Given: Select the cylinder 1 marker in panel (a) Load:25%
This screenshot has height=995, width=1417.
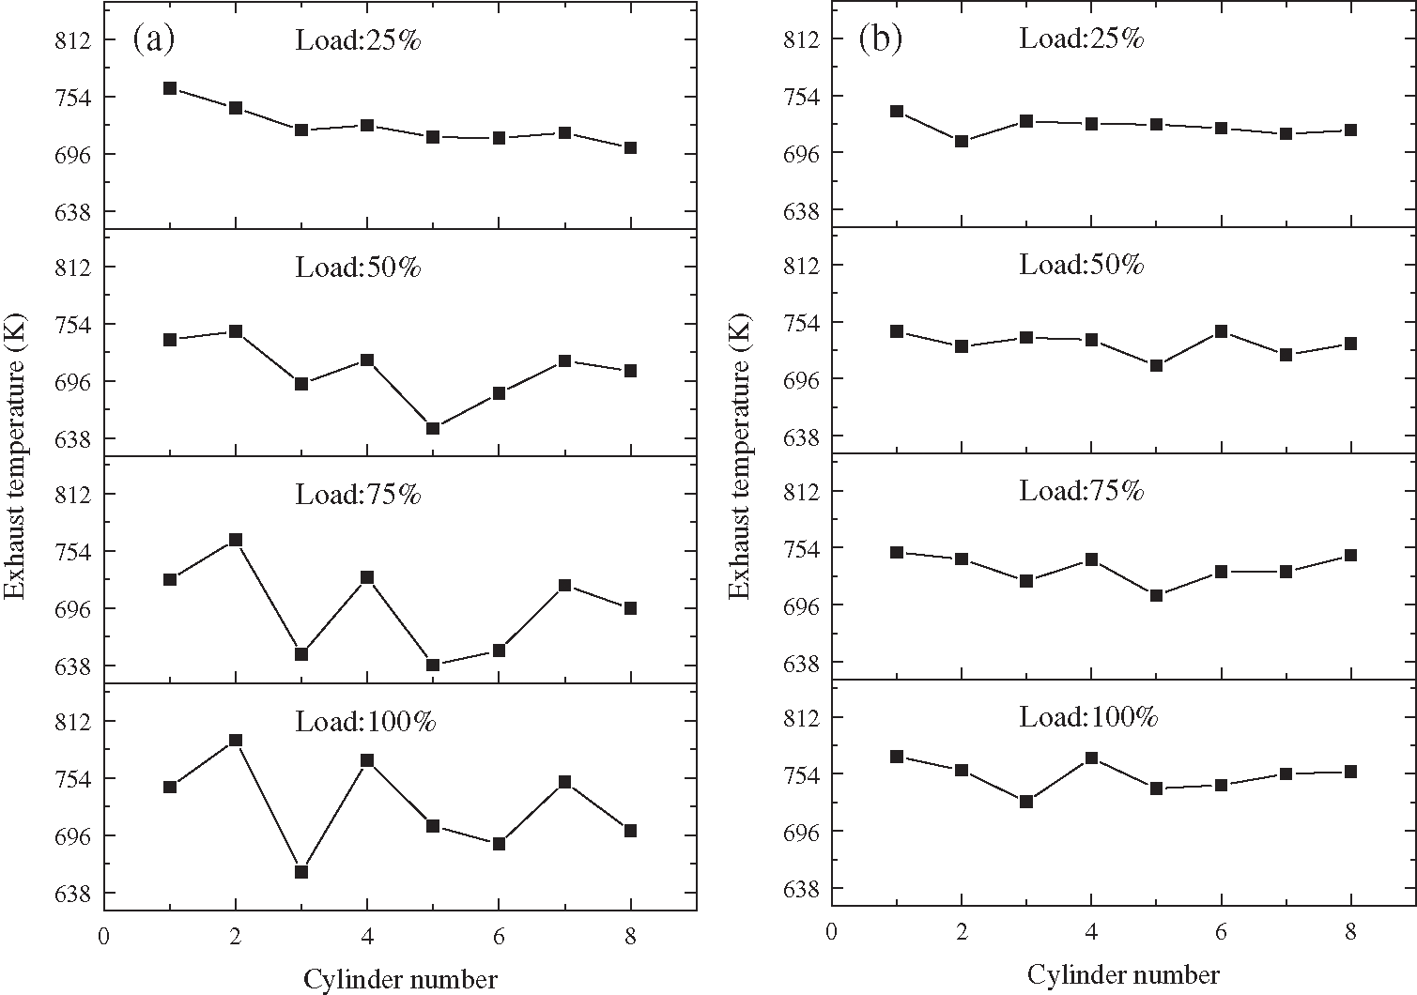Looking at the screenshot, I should [x=170, y=88].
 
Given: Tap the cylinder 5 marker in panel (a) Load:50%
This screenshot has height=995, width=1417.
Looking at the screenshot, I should [x=433, y=428].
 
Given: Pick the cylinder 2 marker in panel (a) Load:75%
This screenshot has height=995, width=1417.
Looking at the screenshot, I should [x=236, y=540].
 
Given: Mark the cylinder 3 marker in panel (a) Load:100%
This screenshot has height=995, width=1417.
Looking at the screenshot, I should [x=301, y=872].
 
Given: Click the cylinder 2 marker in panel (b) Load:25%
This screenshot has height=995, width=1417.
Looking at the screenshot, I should [x=962, y=142].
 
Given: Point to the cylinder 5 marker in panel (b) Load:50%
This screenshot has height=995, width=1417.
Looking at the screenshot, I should [x=1157, y=365].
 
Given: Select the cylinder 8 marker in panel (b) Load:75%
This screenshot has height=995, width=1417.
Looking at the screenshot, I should [x=1351, y=556].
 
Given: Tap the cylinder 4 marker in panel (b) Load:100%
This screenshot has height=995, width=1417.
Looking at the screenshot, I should [x=1091, y=758].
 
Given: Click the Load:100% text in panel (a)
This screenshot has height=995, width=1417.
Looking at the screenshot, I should [x=365, y=722].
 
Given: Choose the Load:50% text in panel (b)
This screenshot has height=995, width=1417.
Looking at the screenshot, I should [x=1082, y=265].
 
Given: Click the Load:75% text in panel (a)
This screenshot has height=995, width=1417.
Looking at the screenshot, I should [x=358, y=495].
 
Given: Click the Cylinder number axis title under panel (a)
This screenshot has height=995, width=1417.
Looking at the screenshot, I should [x=400, y=980].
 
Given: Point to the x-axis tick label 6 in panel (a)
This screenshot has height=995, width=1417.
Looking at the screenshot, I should [x=499, y=936].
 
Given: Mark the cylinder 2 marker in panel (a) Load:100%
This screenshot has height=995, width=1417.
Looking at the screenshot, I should [x=236, y=741].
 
